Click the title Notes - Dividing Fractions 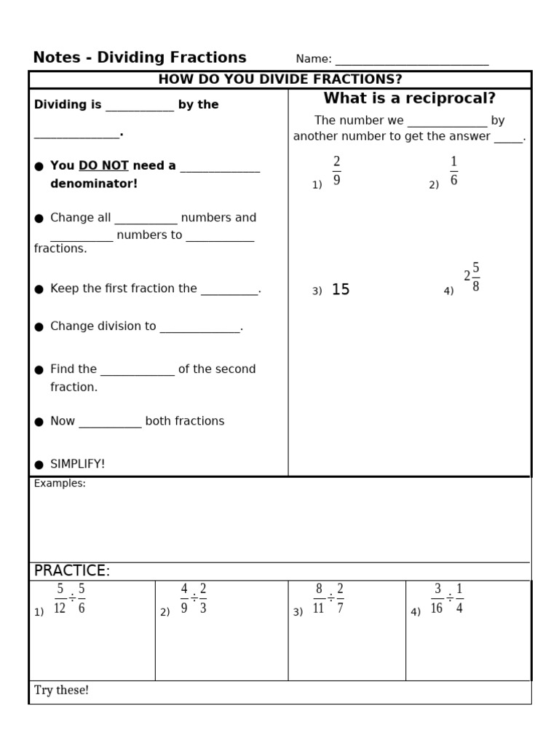(140, 58)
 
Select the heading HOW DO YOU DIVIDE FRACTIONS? (280, 79)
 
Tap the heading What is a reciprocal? (409, 98)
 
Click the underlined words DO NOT (103, 166)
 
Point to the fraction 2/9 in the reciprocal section (336, 170)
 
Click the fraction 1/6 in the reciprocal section (453, 170)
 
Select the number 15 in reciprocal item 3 (341, 290)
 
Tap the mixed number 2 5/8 (472, 277)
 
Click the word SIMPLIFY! (77, 464)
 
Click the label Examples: (60, 484)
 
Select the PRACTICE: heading (72, 570)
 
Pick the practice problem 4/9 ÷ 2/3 (194, 599)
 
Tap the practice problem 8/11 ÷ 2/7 (329, 599)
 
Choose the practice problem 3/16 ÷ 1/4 (447, 599)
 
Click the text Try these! (61, 690)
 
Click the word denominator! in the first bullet (94, 184)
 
